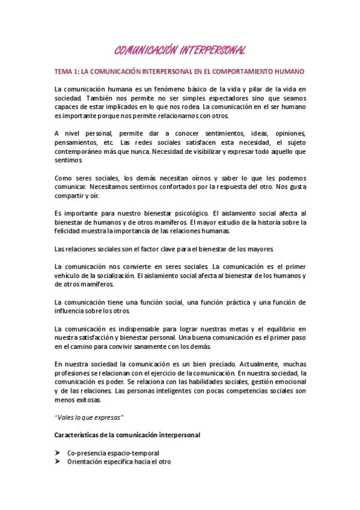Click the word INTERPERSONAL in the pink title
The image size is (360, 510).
(x=210, y=49)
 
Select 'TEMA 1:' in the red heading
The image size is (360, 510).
(x=67, y=71)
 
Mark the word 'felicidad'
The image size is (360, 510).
(x=66, y=231)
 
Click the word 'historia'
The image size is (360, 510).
(x=269, y=223)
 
